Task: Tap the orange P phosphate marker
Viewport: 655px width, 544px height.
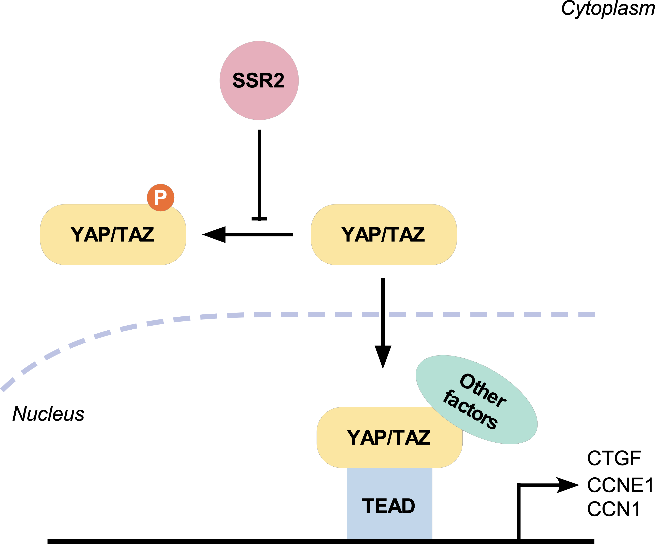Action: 161,198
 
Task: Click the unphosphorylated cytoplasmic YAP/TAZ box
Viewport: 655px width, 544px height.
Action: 384,235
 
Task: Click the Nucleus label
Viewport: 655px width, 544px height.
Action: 48,414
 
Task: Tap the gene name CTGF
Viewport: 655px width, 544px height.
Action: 614,459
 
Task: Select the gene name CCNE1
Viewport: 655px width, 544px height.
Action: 620,485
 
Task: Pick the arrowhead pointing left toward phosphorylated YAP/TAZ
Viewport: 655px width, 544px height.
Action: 215,234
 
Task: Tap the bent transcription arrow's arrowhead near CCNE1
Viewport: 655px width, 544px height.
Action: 568,485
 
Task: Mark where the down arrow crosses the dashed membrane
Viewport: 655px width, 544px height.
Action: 383,315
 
